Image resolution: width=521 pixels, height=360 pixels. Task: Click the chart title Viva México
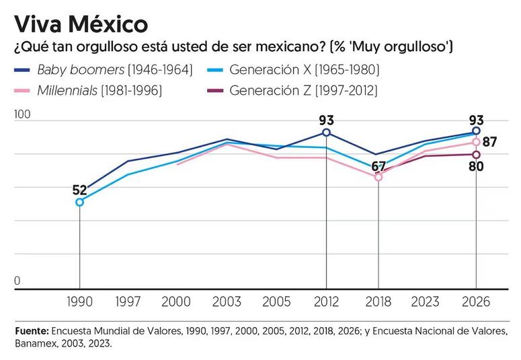pos(81,24)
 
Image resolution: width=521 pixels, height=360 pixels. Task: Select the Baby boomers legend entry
pos(104,70)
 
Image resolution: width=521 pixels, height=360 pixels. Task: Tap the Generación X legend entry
pos(292,70)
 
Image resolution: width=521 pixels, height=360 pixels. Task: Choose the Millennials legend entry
pos(88,90)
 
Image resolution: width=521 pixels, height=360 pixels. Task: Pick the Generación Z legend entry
pos(292,90)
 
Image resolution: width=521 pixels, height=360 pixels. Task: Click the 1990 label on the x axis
pos(79,301)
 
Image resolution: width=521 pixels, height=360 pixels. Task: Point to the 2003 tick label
pos(227,301)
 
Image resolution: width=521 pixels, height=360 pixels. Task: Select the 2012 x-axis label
pos(326,301)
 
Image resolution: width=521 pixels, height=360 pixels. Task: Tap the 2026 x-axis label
pos(476,301)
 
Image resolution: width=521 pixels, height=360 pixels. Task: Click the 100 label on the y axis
pos(22,114)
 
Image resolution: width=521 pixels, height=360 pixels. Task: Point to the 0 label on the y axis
pos(17,281)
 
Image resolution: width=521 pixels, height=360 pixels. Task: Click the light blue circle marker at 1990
pos(80,202)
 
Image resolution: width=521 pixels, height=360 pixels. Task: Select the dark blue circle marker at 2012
pos(326,133)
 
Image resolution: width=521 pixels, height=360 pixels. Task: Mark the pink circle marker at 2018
pos(378,178)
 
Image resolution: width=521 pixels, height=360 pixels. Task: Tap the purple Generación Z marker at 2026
pos(476,155)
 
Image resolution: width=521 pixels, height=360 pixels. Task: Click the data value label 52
pos(80,190)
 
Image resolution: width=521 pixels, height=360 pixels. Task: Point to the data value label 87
pos(490,142)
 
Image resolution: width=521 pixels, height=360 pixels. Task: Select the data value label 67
pos(378,166)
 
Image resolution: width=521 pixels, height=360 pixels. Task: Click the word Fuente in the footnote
pos(32,331)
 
